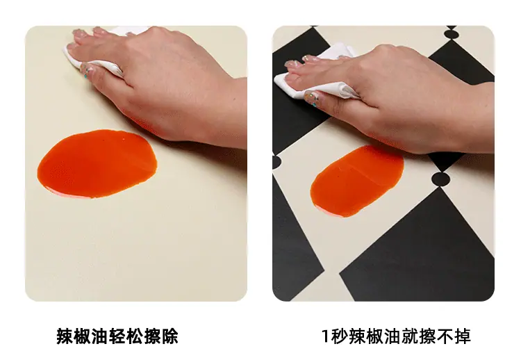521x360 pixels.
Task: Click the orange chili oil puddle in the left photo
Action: click(x=97, y=163)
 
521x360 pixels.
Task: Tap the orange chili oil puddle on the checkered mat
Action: click(x=357, y=181)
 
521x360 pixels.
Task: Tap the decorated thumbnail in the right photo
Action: click(x=312, y=98)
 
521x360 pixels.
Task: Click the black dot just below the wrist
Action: click(x=440, y=179)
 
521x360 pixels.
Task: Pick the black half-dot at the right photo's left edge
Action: click(x=276, y=162)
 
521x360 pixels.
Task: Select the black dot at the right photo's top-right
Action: click(x=452, y=34)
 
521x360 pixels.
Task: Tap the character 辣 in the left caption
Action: click(x=65, y=336)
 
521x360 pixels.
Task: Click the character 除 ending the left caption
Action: click(x=169, y=336)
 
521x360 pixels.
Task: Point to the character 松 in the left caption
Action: click(x=135, y=336)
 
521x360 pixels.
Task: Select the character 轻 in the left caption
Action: click(x=117, y=336)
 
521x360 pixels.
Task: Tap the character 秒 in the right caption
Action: click(x=339, y=336)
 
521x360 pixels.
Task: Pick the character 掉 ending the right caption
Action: click(x=463, y=336)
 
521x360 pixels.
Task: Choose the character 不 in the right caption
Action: click(x=445, y=336)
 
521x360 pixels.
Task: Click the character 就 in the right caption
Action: click(x=410, y=336)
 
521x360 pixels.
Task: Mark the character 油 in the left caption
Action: click(x=99, y=336)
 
